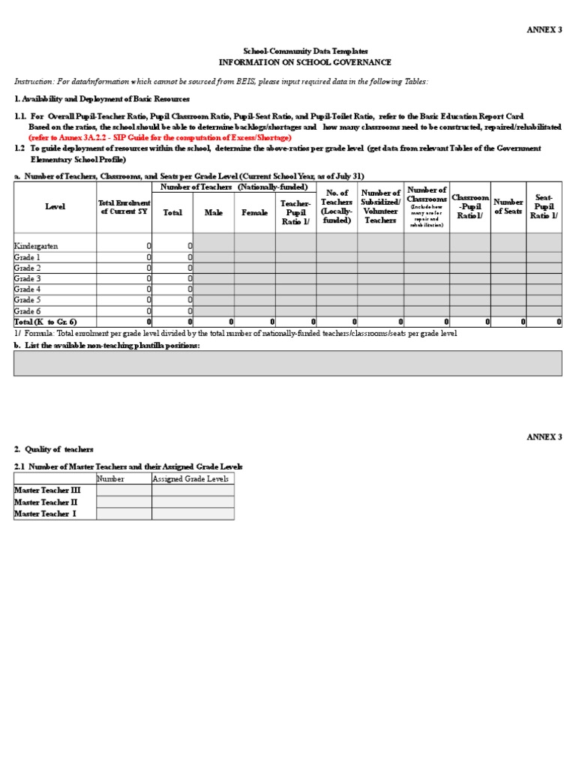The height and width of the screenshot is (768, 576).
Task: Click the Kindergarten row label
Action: coord(36,246)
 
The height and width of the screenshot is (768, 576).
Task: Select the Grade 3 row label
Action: coord(28,278)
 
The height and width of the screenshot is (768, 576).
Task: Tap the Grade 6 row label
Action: coord(28,310)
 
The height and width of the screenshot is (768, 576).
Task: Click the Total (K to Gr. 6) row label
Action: coord(46,322)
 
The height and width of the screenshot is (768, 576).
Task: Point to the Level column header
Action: coord(55,207)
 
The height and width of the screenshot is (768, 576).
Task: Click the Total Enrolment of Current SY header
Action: coord(124,207)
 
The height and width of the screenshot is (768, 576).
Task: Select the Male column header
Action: coord(214,213)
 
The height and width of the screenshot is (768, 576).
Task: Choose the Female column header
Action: coord(254,213)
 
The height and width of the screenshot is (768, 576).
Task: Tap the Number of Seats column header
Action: coord(508,207)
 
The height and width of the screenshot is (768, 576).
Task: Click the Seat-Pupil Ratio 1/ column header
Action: coord(544,207)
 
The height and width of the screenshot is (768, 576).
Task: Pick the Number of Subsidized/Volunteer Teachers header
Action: coord(380,207)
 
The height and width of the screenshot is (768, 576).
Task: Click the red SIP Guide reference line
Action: coord(160,138)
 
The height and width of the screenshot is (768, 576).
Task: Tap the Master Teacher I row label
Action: coord(46,514)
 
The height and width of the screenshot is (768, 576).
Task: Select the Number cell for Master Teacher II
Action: coord(124,502)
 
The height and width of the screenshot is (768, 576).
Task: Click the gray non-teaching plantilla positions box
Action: coord(287,363)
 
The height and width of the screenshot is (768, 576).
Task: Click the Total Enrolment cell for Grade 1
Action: coord(124,257)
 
